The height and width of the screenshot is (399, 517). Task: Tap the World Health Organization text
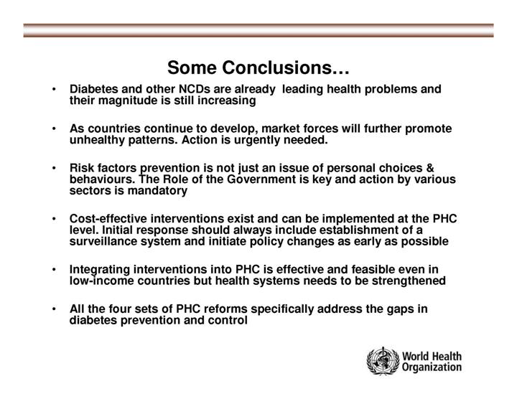432,362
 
